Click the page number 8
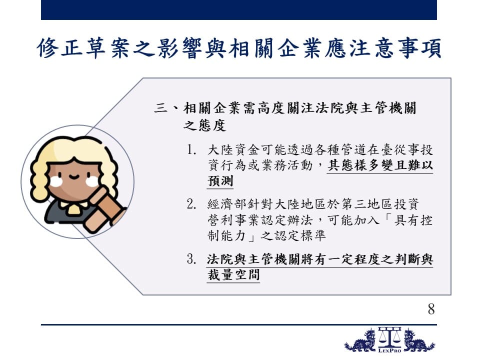coord(431,309)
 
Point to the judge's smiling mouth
coord(74,176)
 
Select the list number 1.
coord(191,150)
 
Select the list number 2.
coord(191,204)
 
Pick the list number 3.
coord(191,259)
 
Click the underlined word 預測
coord(220,180)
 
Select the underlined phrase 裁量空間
coord(233,274)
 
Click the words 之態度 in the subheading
coord(204,125)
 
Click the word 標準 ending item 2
coord(311,235)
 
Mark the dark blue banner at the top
coord(239,10)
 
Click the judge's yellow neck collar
coord(72,207)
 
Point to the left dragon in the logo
coord(360,340)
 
